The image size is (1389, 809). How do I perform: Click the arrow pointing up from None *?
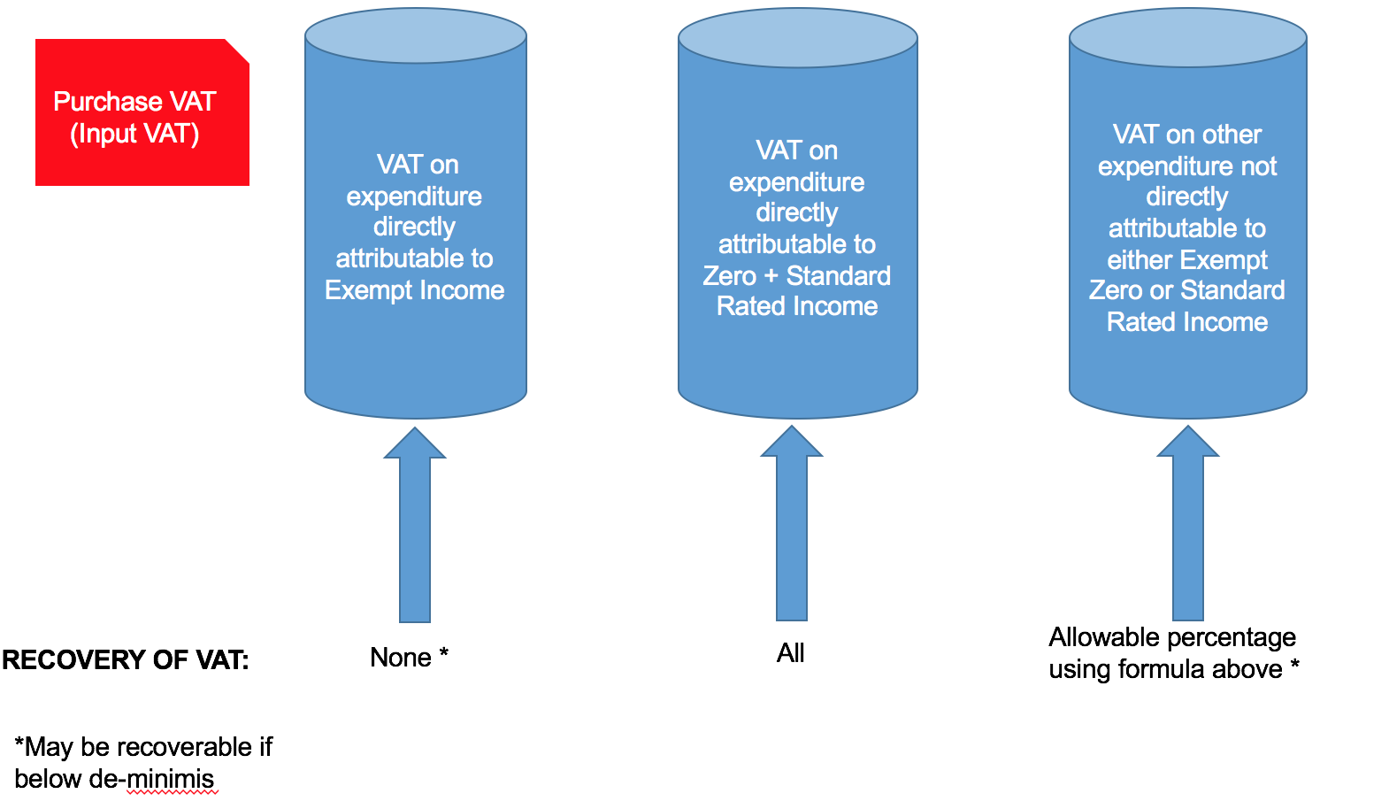415,531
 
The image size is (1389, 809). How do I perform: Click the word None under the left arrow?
401,658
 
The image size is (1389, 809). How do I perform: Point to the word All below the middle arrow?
790,653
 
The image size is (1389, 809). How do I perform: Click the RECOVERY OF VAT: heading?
126,660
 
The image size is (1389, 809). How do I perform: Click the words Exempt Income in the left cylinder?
414,290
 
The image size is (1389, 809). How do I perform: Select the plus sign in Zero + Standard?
771,276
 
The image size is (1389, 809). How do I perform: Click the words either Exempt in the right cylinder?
1187,260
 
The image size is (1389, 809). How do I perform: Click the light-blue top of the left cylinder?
416,35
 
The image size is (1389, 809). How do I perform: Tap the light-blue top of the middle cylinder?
797,37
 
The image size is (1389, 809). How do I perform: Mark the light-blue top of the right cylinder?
1187,37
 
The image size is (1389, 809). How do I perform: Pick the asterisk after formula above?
1294,665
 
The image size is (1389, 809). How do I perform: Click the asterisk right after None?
444,654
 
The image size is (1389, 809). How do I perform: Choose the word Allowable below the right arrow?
1097,637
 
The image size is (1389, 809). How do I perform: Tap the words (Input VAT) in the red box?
134,134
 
